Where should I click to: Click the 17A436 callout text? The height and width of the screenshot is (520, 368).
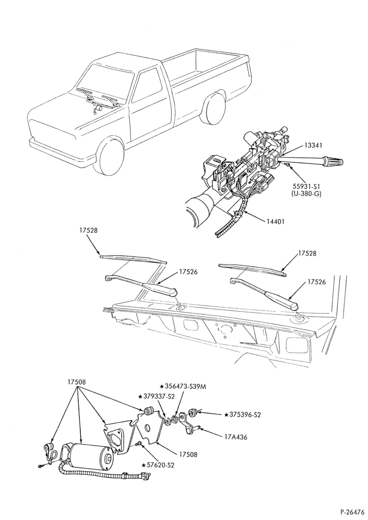[235, 437]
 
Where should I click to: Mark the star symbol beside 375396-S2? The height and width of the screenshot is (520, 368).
[227, 414]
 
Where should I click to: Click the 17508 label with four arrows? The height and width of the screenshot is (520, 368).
[76, 382]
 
